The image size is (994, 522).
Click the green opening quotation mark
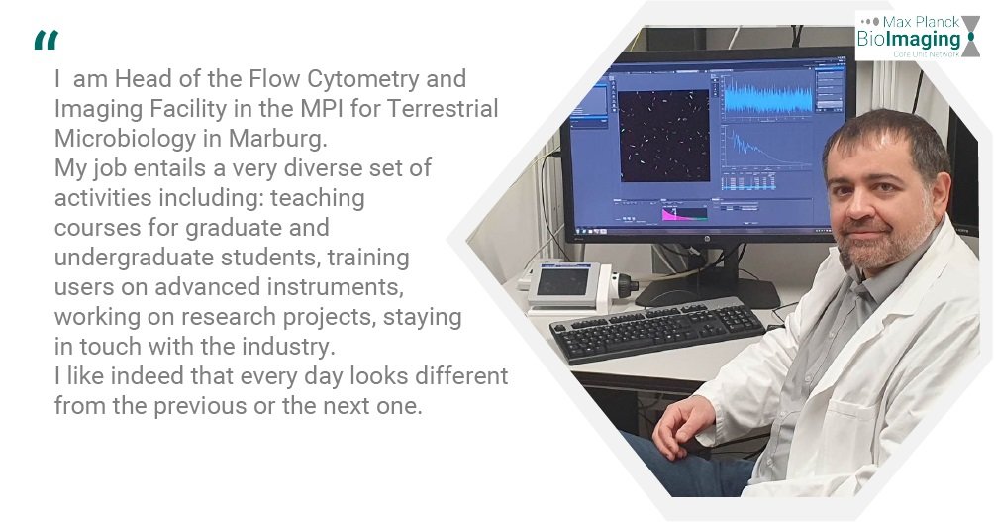coord(47,40)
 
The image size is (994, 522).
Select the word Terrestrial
coord(442,108)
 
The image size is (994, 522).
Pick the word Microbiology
coord(125,139)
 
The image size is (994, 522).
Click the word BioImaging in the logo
coord(909,39)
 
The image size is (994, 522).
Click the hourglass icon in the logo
coord(970,37)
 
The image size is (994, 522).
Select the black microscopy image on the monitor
coord(663,135)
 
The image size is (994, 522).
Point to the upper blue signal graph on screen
coord(767,97)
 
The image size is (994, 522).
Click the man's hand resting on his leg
coord(683,425)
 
